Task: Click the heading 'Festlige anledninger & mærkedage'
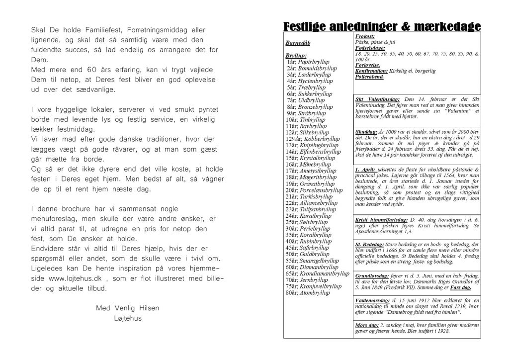381,26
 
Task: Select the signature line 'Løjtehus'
128,319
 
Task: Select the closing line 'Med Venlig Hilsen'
128,308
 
